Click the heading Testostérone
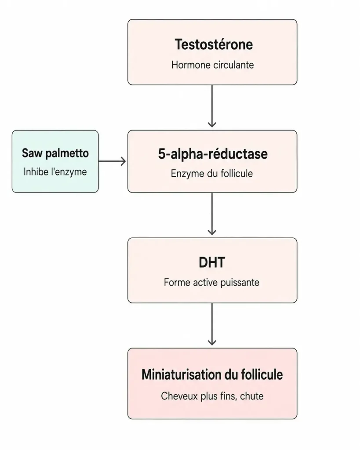214,44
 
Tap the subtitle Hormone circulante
212,65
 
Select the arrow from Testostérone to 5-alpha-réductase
212,106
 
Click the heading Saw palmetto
55,153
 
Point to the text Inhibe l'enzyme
55,172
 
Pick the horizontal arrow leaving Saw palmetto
112,161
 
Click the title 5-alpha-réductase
213,154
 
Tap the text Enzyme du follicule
212,173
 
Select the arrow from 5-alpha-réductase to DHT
212,214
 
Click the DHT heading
212,262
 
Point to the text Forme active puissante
211,283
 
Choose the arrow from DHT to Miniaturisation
212,324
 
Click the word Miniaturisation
181,374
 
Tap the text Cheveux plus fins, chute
212,396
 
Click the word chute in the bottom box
252,396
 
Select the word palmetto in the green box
67,153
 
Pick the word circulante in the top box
233,65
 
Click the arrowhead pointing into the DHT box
212,232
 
